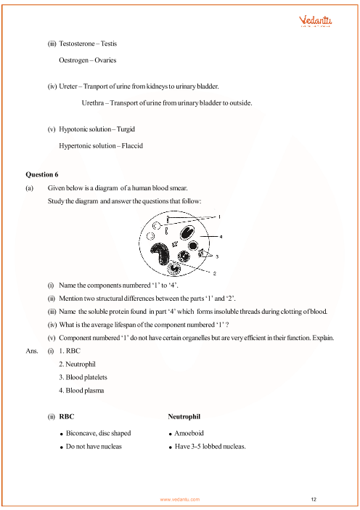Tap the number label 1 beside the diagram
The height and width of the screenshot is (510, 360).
click(220, 216)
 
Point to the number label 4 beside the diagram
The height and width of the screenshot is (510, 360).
click(220, 236)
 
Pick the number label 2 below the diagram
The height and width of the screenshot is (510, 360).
click(195, 273)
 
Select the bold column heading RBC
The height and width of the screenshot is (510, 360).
click(66, 418)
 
